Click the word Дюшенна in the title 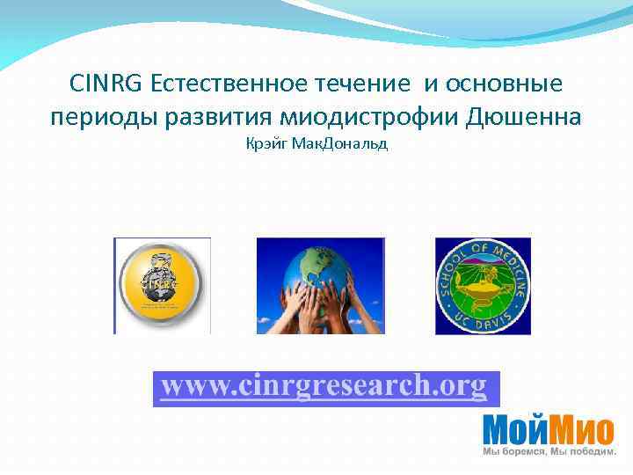525,117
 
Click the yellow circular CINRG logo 162,286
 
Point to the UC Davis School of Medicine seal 483,286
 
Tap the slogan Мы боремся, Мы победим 549,452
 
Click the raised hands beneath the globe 321,312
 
